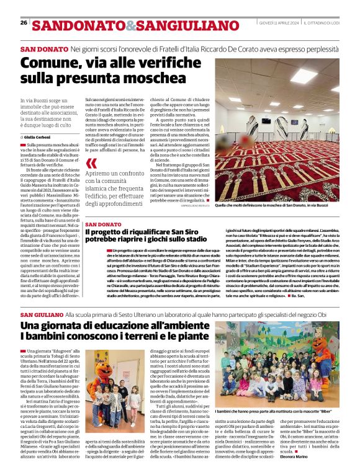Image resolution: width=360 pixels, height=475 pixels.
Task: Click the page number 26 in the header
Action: [24, 23]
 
